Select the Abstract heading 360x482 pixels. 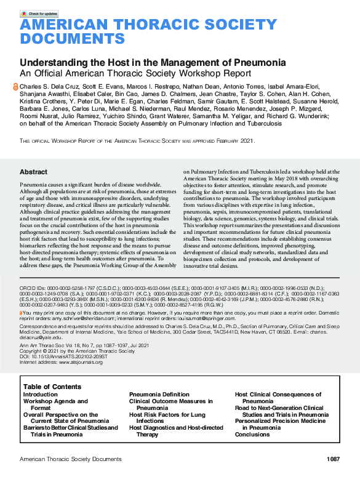33,172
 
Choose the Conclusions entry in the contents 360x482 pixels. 252,434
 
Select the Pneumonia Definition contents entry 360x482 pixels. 159,394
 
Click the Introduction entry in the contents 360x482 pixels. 41,394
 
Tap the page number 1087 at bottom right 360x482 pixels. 333,459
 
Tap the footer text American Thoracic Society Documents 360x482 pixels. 71,459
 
